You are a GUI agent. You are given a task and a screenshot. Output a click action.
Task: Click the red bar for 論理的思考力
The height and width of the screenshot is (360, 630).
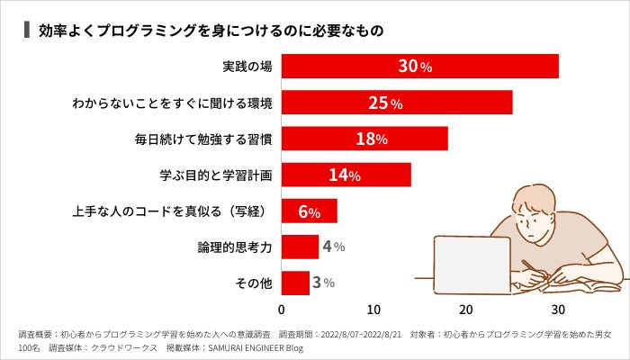[x=300, y=247]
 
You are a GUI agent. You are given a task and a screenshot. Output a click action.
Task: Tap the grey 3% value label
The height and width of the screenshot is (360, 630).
[x=323, y=283]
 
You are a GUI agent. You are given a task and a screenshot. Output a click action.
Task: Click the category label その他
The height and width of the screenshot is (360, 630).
[x=253, y=283]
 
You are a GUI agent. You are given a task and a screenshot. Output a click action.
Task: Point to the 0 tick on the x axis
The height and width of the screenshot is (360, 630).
[x=282, y=310]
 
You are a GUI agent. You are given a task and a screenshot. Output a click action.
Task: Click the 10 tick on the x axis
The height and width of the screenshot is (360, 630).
[x=374, y=310]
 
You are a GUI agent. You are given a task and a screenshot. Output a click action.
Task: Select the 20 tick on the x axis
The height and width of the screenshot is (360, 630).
[x=466, y=310]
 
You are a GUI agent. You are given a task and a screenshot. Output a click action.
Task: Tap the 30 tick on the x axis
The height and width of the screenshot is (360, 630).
[x=558, y=310]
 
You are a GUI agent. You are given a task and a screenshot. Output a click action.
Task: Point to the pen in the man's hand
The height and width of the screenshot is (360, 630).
[x=531, y=270]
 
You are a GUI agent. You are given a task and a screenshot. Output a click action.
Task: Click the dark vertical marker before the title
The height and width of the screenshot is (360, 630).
[x=27, y=30]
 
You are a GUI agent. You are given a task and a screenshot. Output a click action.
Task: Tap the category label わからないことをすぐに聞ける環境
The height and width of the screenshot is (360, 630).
[x=173, y=103]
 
